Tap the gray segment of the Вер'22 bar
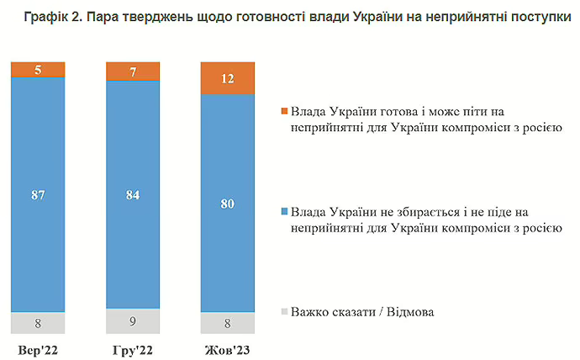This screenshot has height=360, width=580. click(x=38, y=322)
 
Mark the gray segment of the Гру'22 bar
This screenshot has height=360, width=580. click(x=133, y=320)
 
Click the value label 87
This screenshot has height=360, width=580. click(x=38, y=195)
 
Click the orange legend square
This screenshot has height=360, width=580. click(x=284, y=111)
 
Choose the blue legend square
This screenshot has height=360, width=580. click(x=284, y=211)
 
